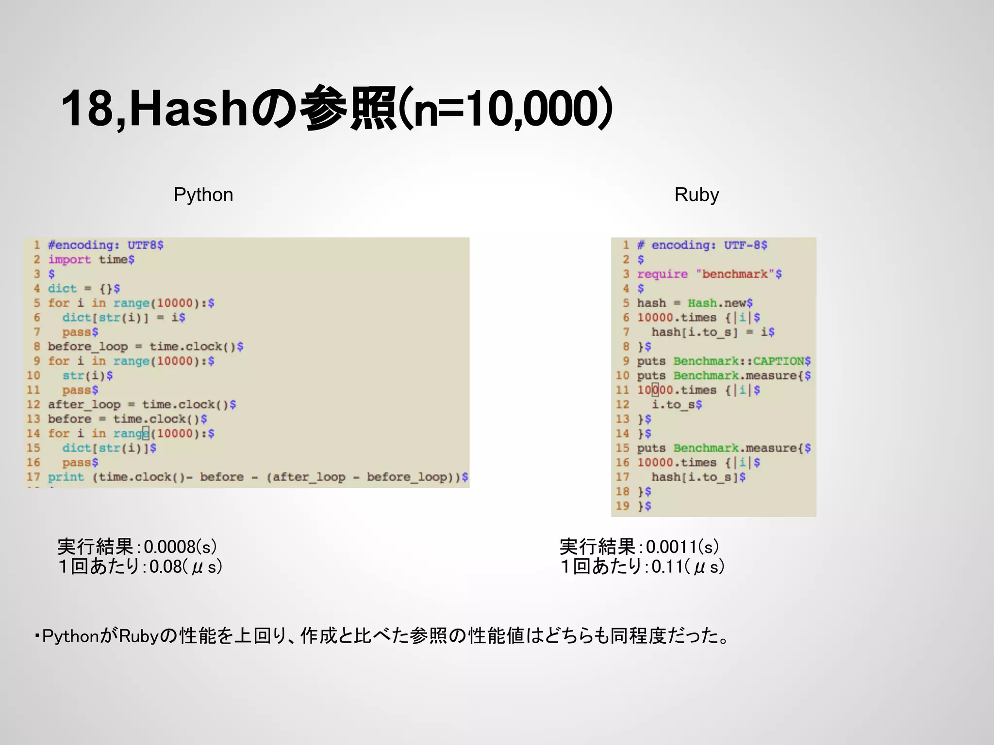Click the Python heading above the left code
pyautogui.click(x=203, y=195)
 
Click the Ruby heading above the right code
pyautogui.click(x=696, y=195)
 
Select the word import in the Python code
pyautogui.click(x=69, y=259)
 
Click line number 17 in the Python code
pyautogui.click(x=33, y=477)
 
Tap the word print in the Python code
pyautogui.click(x=66, y=477)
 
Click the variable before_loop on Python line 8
pyautogui.click(x=88, y=347)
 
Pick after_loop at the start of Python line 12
pyautogui.click(x=84, y=405)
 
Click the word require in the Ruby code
pyautogui.click(x=662, y=274)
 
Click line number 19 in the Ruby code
pyautogui.click(x=622, y=506)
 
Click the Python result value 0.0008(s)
pyautogui.click(x=180, y=547)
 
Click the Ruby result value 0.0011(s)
pyautogui.click(x=682, y=547)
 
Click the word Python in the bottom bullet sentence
pyautogui.click(x=71, y=636)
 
